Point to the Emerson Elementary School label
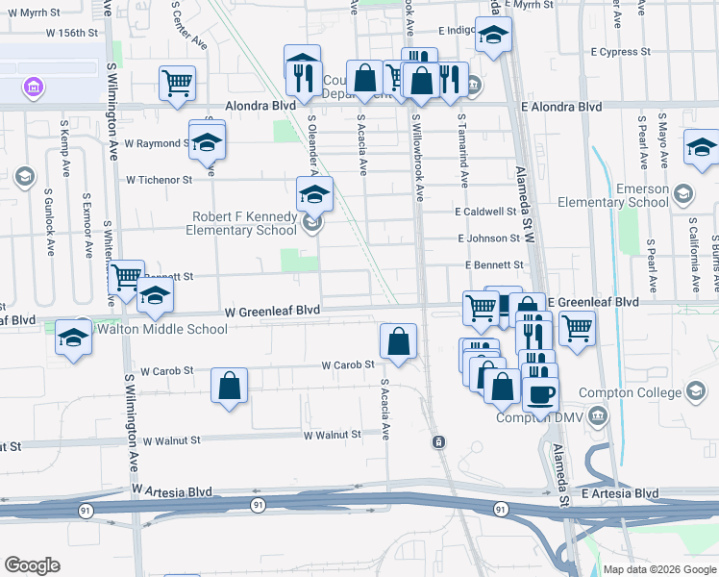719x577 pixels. click(615, 195)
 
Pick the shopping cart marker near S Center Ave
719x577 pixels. click(177, 83)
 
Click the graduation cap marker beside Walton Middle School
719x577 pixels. click(72, 338)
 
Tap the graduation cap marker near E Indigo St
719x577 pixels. click(493, 36)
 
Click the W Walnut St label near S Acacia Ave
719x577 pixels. click(332, 435)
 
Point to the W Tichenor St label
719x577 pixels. click(160, 180)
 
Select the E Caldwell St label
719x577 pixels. click(485, 212)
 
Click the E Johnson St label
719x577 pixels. click(488, 238)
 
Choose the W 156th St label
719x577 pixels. click(72, 33)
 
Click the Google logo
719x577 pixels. click(32, 565)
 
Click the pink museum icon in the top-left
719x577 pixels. click(34, 88)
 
